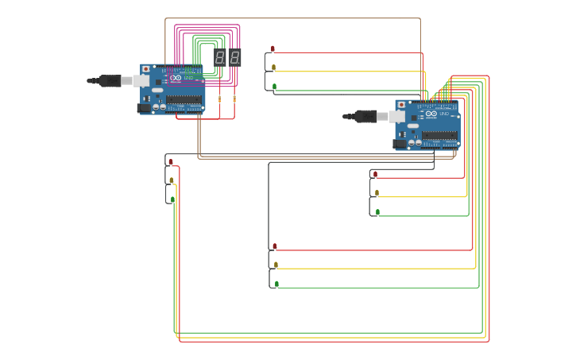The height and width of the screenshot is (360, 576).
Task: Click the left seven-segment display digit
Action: [x=220, y=57]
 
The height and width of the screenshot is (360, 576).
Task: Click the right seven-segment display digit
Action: [x=234, y=57]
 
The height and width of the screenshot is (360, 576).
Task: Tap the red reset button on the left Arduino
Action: [x=145, y=69]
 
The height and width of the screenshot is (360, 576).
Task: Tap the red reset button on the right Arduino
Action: [x=401, y=105]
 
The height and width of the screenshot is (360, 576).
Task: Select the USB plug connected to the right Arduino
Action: [x=366, y=117]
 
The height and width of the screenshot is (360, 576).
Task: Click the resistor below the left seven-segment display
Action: [x=220, y=99]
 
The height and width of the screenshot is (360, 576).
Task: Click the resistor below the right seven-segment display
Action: [x=234, y=99]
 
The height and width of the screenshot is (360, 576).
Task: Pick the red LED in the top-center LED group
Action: [x=273, y=49]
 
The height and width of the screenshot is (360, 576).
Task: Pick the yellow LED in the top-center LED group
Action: [x=273, y=68]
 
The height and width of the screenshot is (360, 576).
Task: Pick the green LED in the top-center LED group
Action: [x=274, y=87]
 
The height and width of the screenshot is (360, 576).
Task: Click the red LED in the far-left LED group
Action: [x=170, y=162]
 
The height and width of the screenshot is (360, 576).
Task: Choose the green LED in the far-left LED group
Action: [x=172, y=199]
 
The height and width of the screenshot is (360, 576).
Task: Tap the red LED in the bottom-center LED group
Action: [x=275, y=246]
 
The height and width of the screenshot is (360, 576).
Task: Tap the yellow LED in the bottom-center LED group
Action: [x=276, y=265]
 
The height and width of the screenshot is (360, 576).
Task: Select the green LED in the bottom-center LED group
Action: [x=276, y=284]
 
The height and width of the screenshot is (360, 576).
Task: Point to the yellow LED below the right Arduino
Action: [x=377, y=193]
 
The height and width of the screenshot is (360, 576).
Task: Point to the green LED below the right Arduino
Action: [x=377, y=212]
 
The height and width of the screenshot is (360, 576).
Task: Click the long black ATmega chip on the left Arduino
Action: [x=184, y=100]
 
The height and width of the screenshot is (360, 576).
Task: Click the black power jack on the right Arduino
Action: [x=400, y=144]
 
